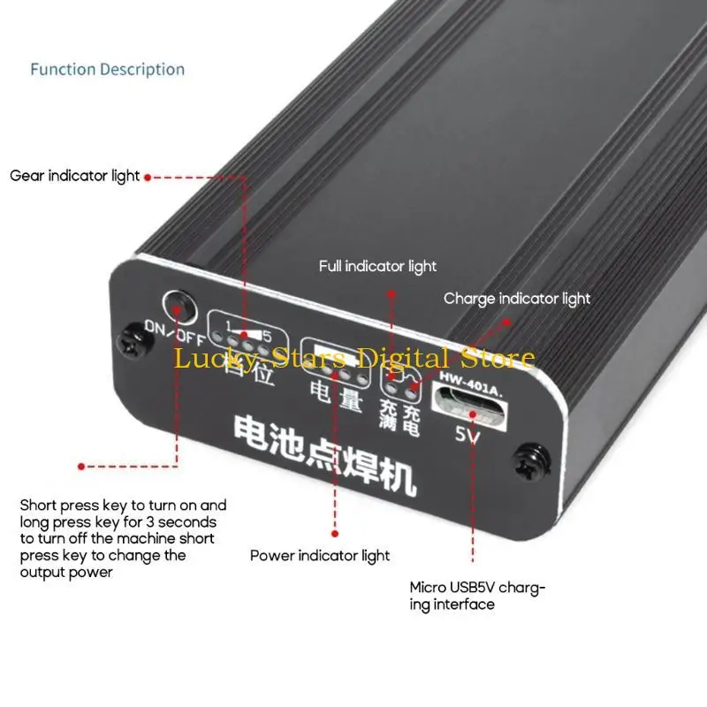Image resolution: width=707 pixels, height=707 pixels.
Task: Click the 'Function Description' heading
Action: tap(107, 70)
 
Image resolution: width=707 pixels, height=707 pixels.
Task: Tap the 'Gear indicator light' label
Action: tap(75, 176)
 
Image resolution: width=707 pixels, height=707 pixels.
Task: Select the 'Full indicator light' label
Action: tap(377, 266)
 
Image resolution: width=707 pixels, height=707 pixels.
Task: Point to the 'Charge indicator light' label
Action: tap(517, 299)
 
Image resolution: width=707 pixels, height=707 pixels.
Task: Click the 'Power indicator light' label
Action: tap(320, 556)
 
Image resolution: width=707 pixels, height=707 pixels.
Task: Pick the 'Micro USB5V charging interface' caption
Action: tap(477, 595)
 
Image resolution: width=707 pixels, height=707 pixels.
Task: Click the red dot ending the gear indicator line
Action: tap(148, 177)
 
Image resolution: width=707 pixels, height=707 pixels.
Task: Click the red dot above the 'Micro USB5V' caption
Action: tap(471, 559)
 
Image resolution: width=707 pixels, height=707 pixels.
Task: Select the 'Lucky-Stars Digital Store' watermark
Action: tap(353, 359)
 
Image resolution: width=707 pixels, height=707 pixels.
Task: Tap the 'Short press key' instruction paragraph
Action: tap(123, 538)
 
